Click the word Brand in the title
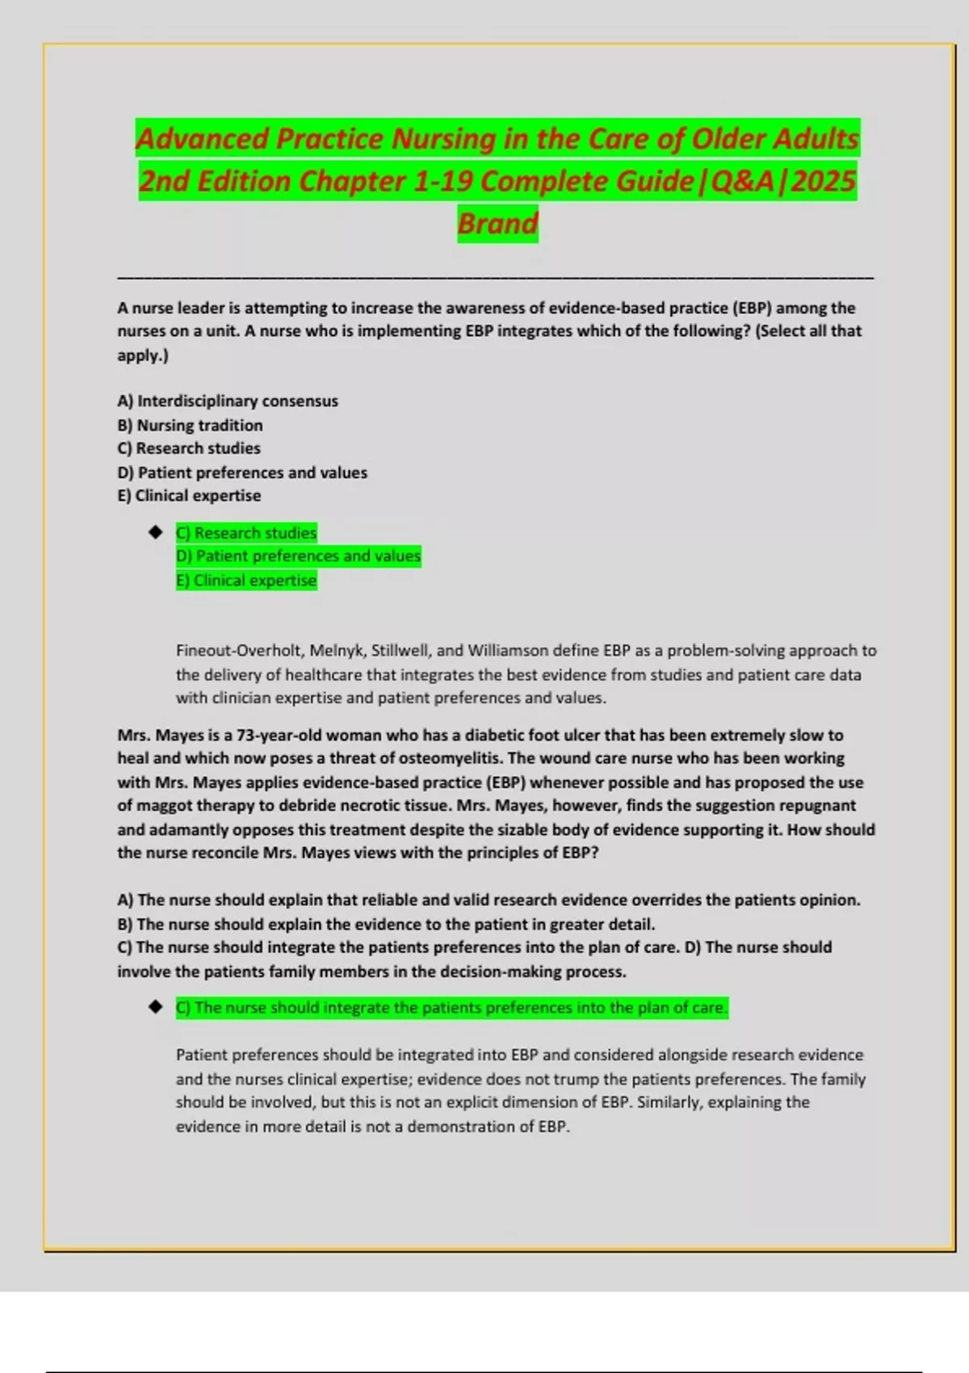pyautogui.click(x=497, y=223)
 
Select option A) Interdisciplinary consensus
pyautogui.click(x=228, y=401)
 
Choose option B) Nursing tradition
pyautogui.click(x=190, y=426)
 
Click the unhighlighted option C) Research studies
pyautogui.click(x=189, y=448)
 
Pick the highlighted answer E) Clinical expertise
pyautogui.click(x=246, y=581)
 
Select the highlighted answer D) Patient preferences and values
pyautogui.click(x=298, y=556)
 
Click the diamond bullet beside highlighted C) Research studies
pyautogui.click(x=156, y=533)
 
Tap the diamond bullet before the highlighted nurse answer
pyautogui.click(x=156, y=1008)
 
